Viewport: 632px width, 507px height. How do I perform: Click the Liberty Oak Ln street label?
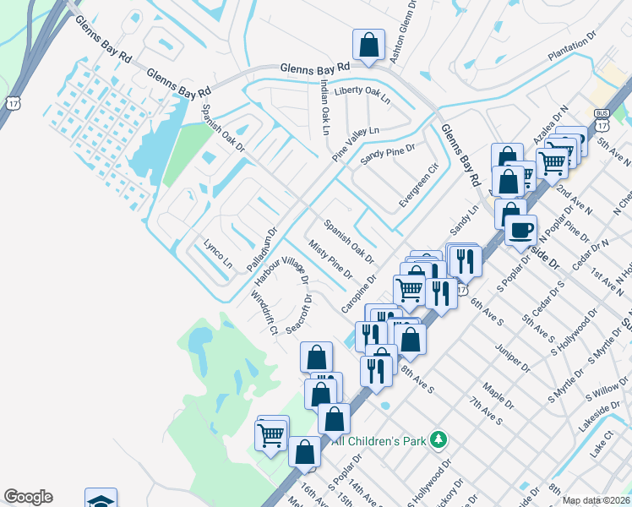362,94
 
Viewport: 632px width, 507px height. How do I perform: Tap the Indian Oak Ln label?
324,107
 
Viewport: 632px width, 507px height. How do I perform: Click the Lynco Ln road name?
217,253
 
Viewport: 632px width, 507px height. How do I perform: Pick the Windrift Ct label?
264,312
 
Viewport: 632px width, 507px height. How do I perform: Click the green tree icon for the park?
438,439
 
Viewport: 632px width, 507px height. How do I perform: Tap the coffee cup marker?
521,228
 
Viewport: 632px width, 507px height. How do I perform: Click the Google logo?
28,497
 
